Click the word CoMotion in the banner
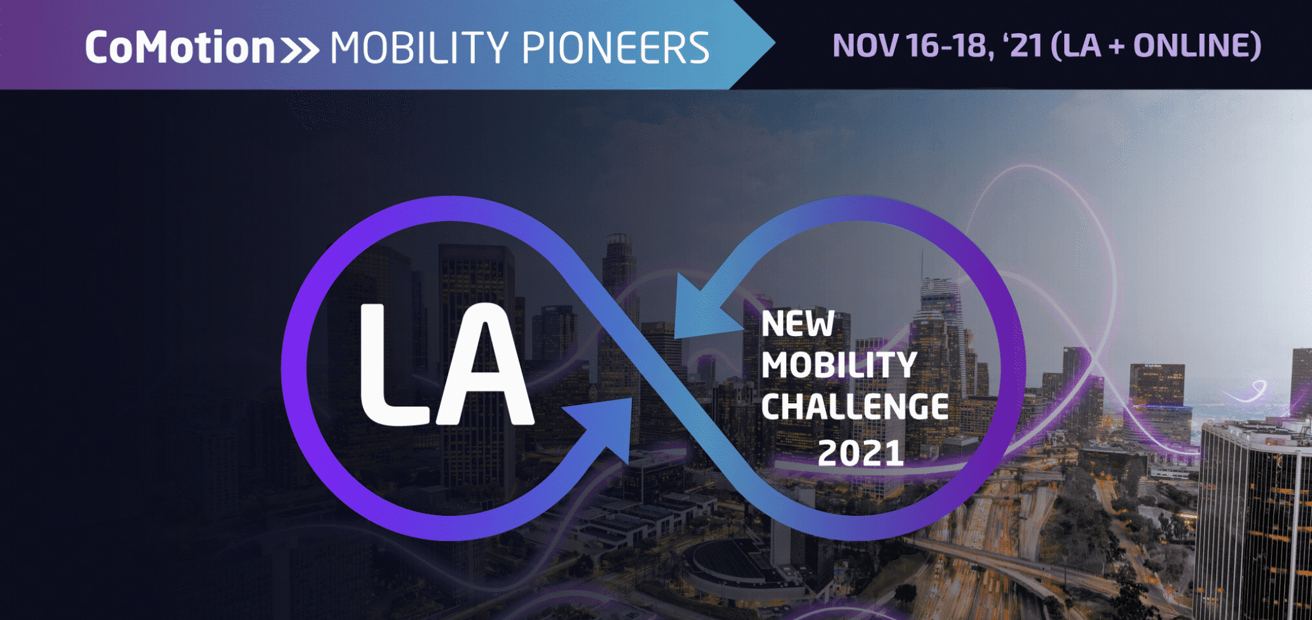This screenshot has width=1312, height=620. [x=180, y=48]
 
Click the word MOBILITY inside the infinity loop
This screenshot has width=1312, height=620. [x=839, y=365]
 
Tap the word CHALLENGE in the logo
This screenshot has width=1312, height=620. [x=855, y=407]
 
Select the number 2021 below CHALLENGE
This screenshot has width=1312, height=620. [x=861, y=453]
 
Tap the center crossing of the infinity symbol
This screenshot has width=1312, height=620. [x=655, y=367]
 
